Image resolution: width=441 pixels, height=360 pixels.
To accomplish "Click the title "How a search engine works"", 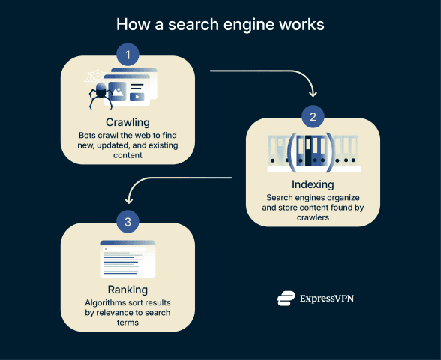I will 220,24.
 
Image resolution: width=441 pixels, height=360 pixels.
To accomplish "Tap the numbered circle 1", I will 127,55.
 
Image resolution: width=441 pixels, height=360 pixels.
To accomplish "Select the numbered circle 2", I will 313,117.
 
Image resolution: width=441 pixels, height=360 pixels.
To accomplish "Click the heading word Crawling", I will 127,121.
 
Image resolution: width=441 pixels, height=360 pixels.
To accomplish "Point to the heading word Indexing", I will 313,184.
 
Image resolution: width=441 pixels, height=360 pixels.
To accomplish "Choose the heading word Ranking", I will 127,289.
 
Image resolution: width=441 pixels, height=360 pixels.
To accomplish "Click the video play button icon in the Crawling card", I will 137,96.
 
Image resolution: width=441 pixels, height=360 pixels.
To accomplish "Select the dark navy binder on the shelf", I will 309,150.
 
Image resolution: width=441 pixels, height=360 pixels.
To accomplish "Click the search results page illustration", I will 127,259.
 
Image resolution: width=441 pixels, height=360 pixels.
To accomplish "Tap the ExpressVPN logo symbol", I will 285,298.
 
